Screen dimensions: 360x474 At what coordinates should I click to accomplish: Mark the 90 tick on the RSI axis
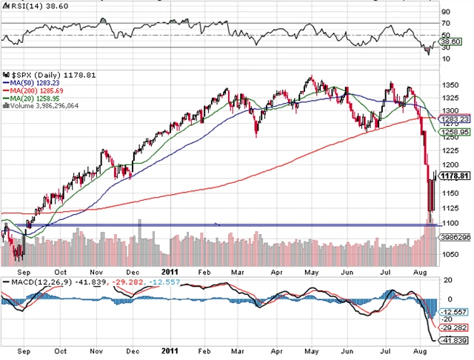pyautogui.click(x=445, y=12)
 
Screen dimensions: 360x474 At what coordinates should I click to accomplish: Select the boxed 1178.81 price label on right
pyautogui.click(x=453, y=176)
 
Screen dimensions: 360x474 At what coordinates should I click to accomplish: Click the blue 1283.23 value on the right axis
pyautogui.click(x=453, y=119)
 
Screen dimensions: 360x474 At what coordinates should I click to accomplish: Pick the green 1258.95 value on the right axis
pyautogui.click(x=453, y=133)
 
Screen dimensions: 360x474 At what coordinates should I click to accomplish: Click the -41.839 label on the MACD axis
pyautogui.click(x=453, y=339)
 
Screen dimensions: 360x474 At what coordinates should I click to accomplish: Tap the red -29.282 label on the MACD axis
pyautogui.click(x=453, y=326)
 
